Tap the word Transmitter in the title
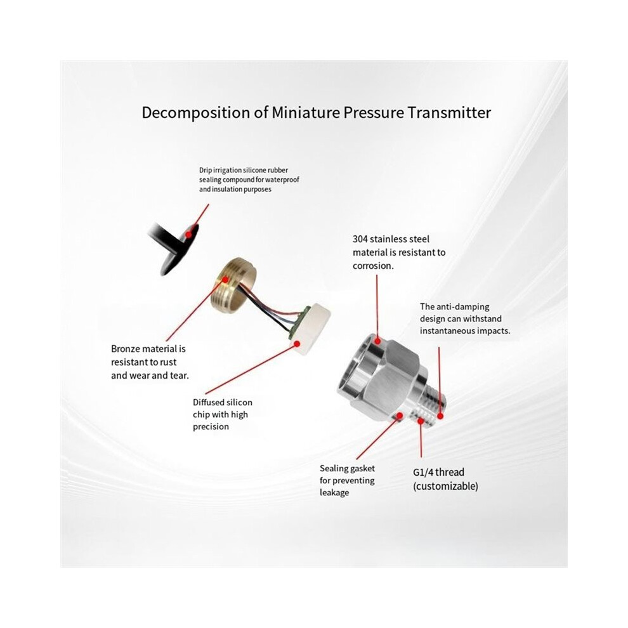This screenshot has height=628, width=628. (x=449, y=112)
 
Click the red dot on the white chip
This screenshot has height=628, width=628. (x=298, y=344)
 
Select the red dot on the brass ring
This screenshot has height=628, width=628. (x=225, y=280)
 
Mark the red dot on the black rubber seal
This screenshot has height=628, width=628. (x=189, y=234)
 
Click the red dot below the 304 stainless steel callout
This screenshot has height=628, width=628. (x=377, y=341)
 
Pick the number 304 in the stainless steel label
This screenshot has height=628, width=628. (x=360, y=240)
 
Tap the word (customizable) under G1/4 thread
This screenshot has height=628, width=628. (x=446, y=486)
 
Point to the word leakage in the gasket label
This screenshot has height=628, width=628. (x=334, y=493)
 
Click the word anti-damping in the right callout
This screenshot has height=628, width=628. (x=462, y=307)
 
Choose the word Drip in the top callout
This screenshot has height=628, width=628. (x=206, y=171)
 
